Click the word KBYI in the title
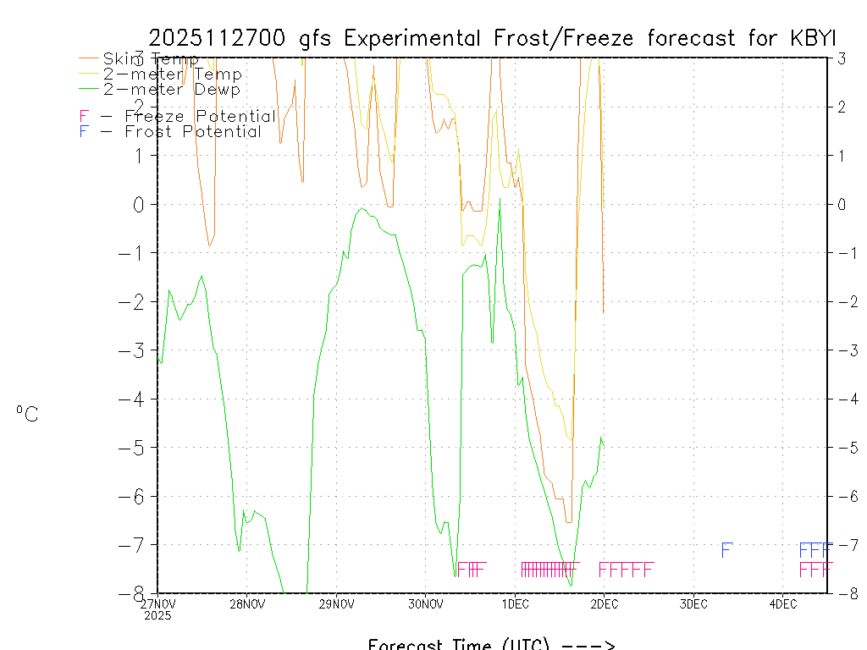pos(809,38)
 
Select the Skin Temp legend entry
pos(151,59)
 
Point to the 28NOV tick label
pos(246,604)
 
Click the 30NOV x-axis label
pos(425,604)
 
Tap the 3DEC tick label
pos(693,604)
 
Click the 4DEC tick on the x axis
pos(783,604)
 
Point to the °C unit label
pos(27,414)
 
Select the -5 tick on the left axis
pos(136,448)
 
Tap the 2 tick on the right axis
pos(842,107)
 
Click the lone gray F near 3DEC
pos(726,550)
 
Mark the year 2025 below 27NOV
pos(157,615)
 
